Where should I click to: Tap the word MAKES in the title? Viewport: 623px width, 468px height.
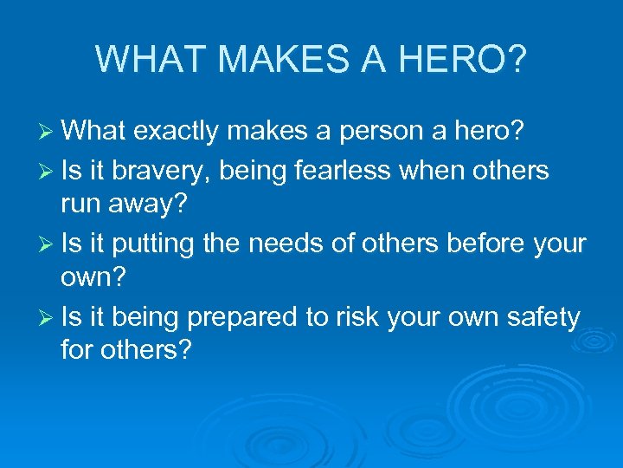[x=274, y=58]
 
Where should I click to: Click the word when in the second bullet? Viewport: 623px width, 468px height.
[x=434, y=171]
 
